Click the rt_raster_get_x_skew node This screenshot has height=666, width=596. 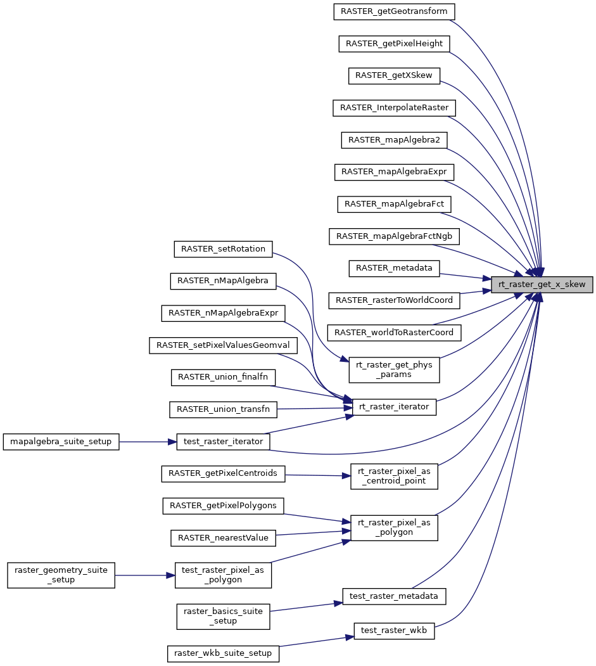point(542,284)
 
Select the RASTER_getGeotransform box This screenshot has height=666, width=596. point(393,11)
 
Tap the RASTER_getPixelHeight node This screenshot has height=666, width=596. point(394,43)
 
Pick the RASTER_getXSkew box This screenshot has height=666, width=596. point(393,75)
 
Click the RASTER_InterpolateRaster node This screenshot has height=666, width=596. point(394,108)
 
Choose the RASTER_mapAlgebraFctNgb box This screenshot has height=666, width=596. point(394,236)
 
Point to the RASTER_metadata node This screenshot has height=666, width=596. point(393,268)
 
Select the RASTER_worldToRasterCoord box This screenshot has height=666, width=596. point(394,332)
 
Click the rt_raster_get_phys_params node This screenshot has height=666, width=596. point(395,369)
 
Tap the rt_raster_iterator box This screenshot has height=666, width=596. point(394,407)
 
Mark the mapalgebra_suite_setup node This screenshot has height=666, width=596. point(61,442)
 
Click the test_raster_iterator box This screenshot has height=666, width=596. point(222,442)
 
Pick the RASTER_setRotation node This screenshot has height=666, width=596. point(223,248)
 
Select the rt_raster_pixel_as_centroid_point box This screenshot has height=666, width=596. point(394,477)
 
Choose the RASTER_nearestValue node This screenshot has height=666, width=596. point(223,538)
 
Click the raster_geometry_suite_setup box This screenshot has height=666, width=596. point(61,575)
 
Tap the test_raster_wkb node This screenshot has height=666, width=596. point(394,630)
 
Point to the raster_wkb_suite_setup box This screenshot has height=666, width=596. point(223,653)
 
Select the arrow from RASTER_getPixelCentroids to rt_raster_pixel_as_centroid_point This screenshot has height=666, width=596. point(317,475)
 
